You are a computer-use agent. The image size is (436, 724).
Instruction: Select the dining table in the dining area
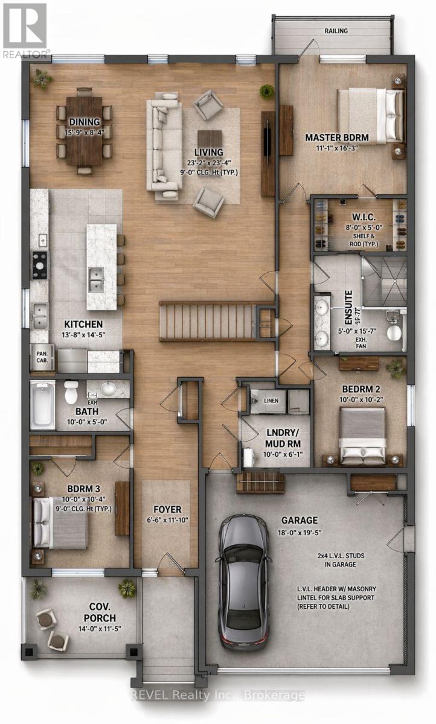[x=84, y=131]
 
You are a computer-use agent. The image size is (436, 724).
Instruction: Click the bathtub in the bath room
[x=42, y=404]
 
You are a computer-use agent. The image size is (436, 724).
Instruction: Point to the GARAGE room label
[x=300, y=520]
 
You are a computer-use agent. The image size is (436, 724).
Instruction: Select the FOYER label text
[x=167, y=509]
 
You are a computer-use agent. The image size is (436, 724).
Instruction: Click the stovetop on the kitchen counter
[x=40, y=265]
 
